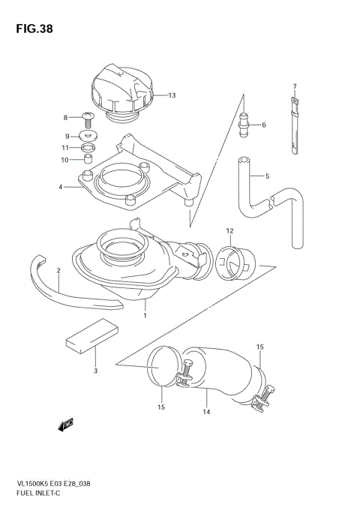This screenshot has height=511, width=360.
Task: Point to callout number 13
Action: coord(172,95)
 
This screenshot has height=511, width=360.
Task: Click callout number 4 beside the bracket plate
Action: coord(62,188)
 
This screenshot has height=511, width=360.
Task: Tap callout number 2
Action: coord(58,269)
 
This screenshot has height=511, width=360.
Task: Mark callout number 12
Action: coord(230,230)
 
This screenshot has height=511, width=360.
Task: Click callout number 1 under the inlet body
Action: coord(145,316)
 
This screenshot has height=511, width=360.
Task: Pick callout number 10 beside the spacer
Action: coord(64,160)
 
